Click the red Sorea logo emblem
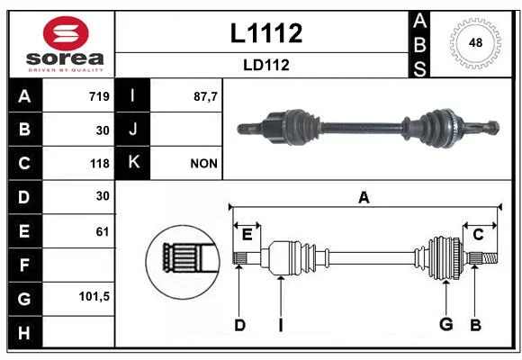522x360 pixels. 66,33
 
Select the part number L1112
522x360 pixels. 266,33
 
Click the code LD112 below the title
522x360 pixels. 266,65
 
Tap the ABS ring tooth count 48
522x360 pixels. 475,42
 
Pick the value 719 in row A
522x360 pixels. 99,96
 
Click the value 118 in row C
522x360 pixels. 100,164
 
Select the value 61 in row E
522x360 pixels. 103,231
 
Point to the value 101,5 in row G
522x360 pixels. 94,296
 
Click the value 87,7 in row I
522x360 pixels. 205,96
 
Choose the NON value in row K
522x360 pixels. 203,164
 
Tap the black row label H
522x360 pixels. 25,332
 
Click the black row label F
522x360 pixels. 25,265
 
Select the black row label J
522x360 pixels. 132,130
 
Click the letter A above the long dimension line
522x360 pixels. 364,197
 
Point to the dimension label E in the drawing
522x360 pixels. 247,235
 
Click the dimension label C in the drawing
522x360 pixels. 478,235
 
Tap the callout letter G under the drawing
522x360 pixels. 446,324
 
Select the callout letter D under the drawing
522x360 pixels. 239,325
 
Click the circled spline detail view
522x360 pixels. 183,262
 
